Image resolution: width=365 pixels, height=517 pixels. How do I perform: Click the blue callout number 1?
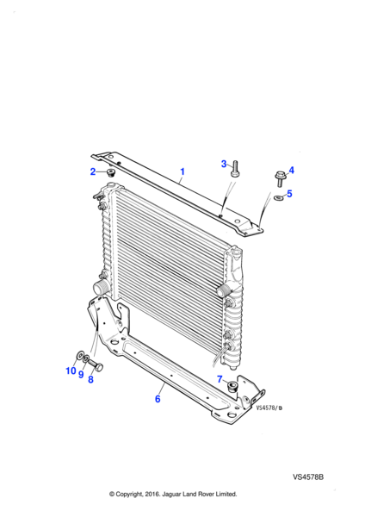182,171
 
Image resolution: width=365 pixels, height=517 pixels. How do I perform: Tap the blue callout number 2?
93,171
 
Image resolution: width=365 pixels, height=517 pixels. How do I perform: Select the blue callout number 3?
224,164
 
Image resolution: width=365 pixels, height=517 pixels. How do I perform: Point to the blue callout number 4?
291,171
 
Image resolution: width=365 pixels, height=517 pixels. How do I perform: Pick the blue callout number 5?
289,194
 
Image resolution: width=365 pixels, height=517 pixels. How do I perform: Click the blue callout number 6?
158,399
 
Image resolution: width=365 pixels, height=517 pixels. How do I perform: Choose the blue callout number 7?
220,379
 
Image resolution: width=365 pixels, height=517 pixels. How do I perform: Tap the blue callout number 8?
90,379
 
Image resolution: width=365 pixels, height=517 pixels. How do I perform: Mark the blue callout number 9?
81,375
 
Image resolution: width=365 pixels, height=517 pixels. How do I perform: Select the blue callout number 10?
71,371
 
